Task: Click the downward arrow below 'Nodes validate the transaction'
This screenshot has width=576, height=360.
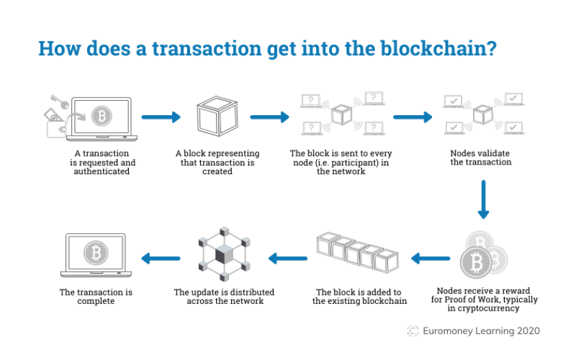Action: [x=483, y=199]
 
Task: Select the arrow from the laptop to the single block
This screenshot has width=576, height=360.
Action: [x=161, y=117]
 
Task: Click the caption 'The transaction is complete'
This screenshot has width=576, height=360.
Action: [x=96, y=296]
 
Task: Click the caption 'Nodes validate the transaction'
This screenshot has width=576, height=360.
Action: [x=480, y=157]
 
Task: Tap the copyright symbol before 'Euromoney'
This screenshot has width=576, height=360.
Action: [x=413, y=331]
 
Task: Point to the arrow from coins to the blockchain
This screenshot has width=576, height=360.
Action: [x=431, y=259]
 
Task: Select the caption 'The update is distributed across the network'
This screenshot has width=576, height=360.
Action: [x=219, y=296]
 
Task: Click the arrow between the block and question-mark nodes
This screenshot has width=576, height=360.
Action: [x=269, y=117]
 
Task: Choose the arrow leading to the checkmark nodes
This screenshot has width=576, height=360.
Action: [x=413, y=117]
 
